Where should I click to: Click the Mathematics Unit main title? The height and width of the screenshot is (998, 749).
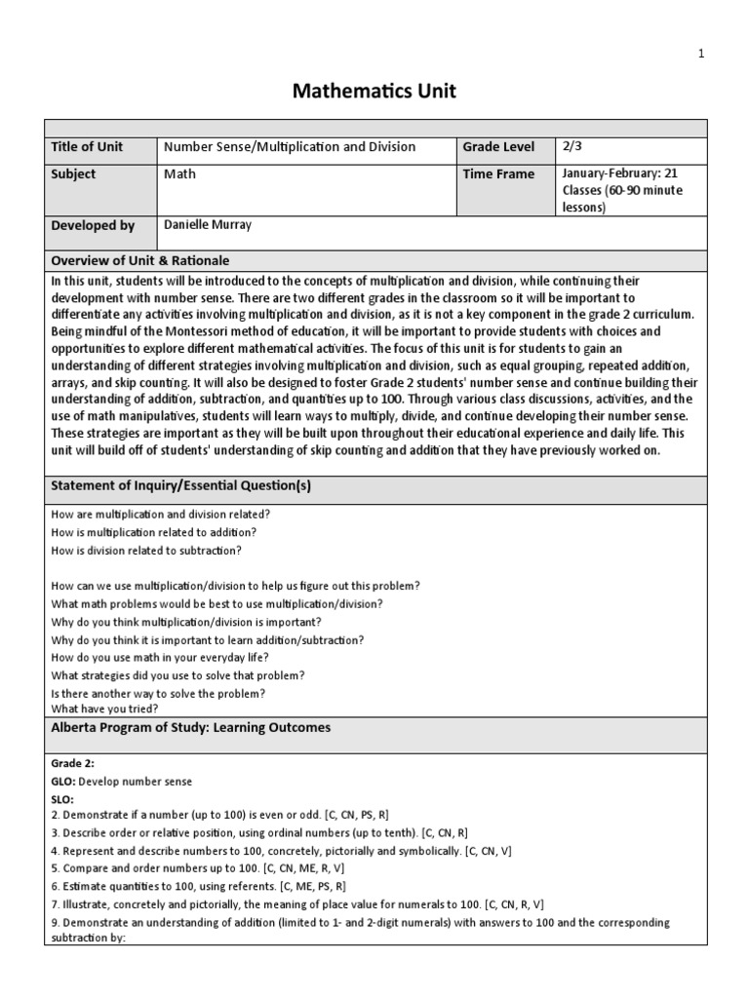click(374, 93)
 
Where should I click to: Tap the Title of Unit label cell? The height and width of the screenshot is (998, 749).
click(87, 147)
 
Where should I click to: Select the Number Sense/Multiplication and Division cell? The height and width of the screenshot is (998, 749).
click(290, 147)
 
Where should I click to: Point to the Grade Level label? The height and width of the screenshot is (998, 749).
click(498, 147)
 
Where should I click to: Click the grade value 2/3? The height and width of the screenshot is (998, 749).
click(572, 146)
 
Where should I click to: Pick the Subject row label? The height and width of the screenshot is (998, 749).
click(74, 174)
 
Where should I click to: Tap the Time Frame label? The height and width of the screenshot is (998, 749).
click(498, 174)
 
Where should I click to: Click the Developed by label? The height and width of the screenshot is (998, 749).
click(93, 226)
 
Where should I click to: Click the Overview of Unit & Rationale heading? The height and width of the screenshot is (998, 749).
click(139, 260)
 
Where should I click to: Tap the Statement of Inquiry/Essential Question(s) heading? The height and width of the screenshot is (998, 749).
click(180, 485)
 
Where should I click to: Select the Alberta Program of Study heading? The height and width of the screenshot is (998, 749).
click(190, 727)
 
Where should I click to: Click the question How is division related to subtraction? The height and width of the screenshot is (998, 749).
click(146, 550)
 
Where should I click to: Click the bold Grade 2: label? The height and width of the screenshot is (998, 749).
click(72, 764)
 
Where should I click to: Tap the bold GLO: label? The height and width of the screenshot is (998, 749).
click(62, 782)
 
